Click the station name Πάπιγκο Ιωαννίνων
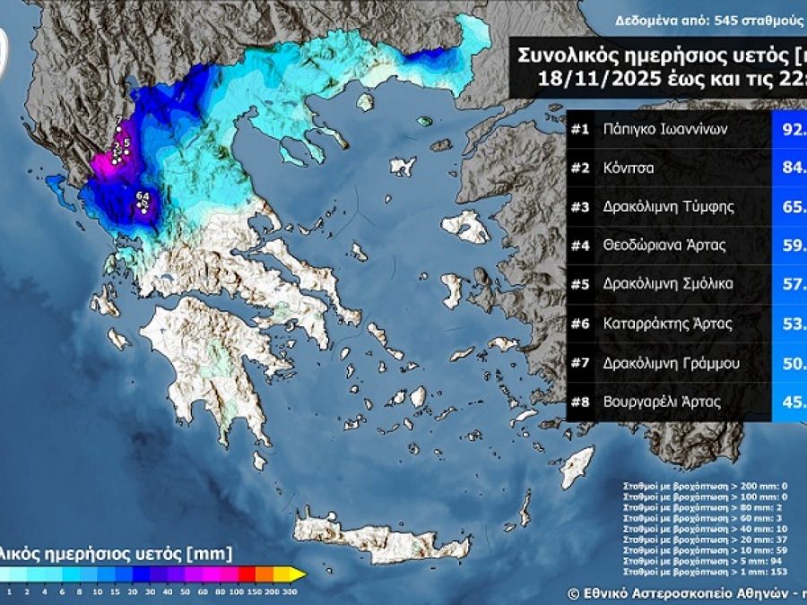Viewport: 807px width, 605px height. [x=664, y=129]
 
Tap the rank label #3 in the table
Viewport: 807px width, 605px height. [x=579, y=206]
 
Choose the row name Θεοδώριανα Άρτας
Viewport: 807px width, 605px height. [x=664, y=245]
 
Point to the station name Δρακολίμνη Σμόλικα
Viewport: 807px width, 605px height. [x=669, y=284]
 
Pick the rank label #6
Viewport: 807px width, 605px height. [x=579, y=323]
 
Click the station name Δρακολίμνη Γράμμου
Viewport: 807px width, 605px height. [x=669, y=362]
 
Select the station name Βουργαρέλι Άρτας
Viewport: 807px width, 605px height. [x=663, y=402]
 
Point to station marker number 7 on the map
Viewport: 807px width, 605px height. [x=118, y=120]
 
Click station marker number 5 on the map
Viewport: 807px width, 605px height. [x=127, y=143]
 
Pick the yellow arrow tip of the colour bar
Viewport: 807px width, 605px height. [x=300, y=575]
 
